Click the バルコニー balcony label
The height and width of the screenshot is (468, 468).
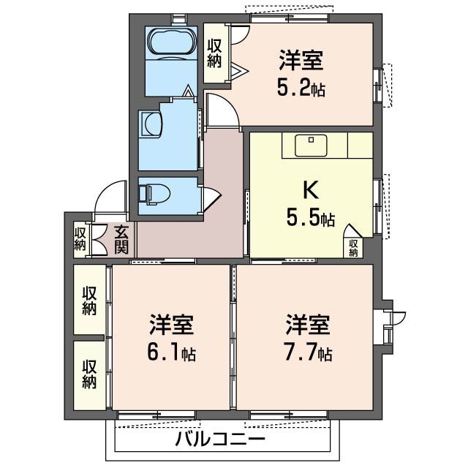pyautogui.click(x=220, y=440)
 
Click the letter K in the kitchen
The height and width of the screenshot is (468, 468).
pyautogui.click(x=310, y=191)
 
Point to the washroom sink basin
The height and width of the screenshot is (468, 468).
pyautogui.click(x=151, y=123)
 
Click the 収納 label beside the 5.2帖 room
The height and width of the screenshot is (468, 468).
pyautogui.click(x=214, y=52)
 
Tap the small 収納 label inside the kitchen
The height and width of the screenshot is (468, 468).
pyautogui.click(x=354, y=247)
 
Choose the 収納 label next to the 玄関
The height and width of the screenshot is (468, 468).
pyautogui.click(x=80, y=239)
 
